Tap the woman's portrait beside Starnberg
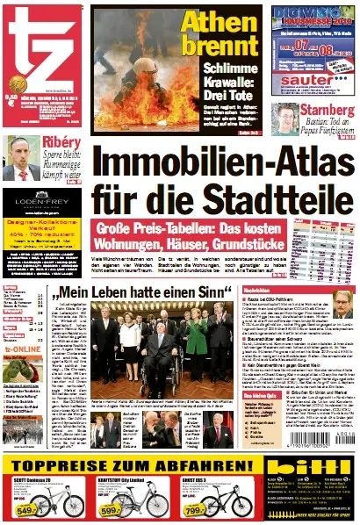[x=288, y=120]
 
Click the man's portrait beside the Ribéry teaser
[x=21, y=159]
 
